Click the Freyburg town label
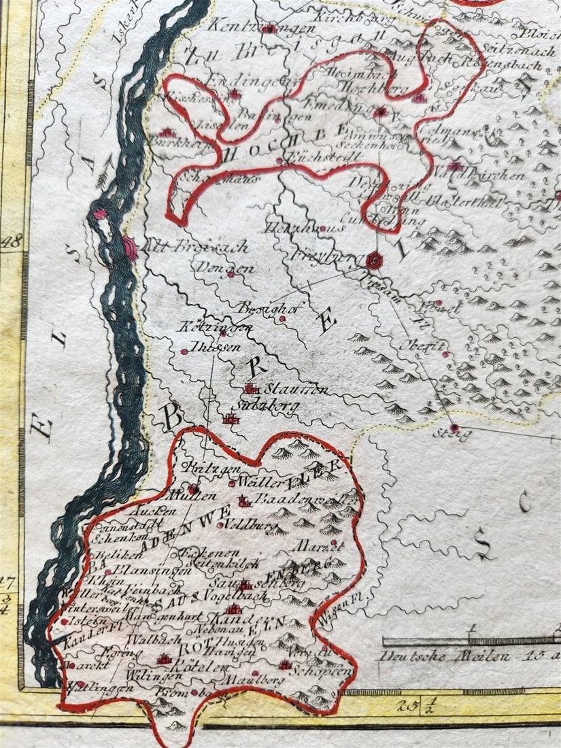click(x=318, y=258)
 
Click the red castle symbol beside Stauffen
click(x=252, y=388)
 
